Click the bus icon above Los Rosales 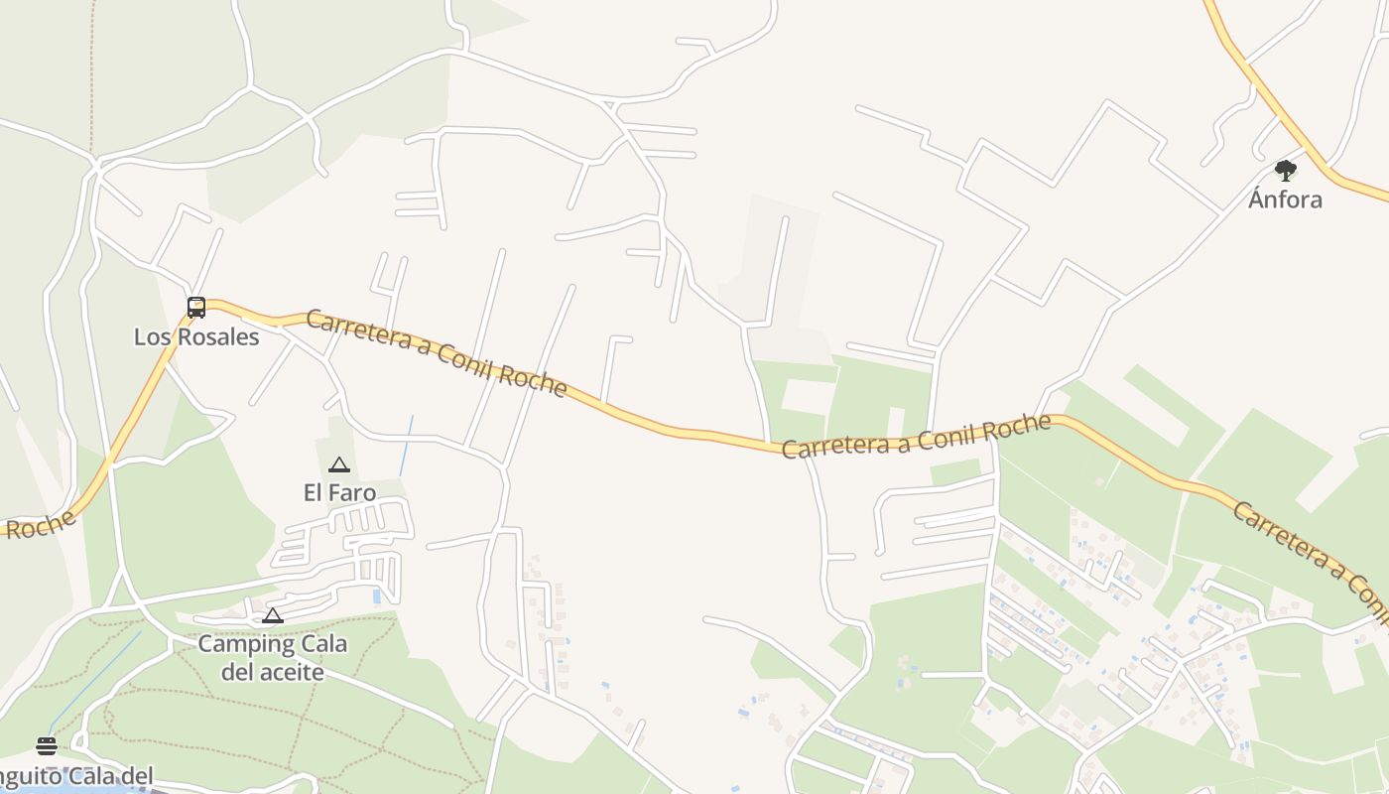[196, 308]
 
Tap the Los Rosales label [196, 337]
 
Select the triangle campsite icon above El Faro [339, 464]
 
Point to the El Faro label [339, 492]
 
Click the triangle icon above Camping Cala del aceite [273, 616]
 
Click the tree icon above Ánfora [1286, 171]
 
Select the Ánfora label [1285, 199]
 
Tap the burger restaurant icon [47, 746]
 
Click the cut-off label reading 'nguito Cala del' [77, 776]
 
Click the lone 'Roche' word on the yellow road [40, 524]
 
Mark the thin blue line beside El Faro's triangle [406, 447]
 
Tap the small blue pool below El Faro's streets [376, 596]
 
